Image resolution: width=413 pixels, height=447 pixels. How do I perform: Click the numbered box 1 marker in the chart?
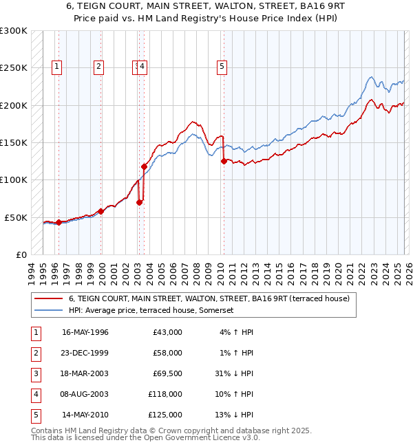(56, 67)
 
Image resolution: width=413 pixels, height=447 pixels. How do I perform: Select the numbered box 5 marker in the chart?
(222, 67)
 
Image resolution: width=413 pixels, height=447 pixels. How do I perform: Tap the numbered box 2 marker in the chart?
(99, 67)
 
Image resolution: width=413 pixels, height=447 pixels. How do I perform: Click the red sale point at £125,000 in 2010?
(224, 162)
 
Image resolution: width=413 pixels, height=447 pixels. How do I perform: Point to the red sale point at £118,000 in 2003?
(144, 166)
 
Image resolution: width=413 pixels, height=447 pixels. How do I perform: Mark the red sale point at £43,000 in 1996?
(59, 222)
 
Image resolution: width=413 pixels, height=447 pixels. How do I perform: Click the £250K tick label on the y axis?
(14, 68)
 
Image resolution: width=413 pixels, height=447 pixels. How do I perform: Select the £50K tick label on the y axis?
(17, 217)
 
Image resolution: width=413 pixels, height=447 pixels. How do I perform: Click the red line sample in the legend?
(49, 298)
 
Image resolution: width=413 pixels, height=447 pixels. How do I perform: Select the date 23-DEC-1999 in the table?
(85, 353)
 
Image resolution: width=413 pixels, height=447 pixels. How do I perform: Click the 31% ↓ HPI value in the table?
(234, 373)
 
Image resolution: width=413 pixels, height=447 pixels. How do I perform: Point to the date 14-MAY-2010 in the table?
(85, 415)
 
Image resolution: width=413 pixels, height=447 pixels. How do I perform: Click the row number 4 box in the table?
(34, 394)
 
